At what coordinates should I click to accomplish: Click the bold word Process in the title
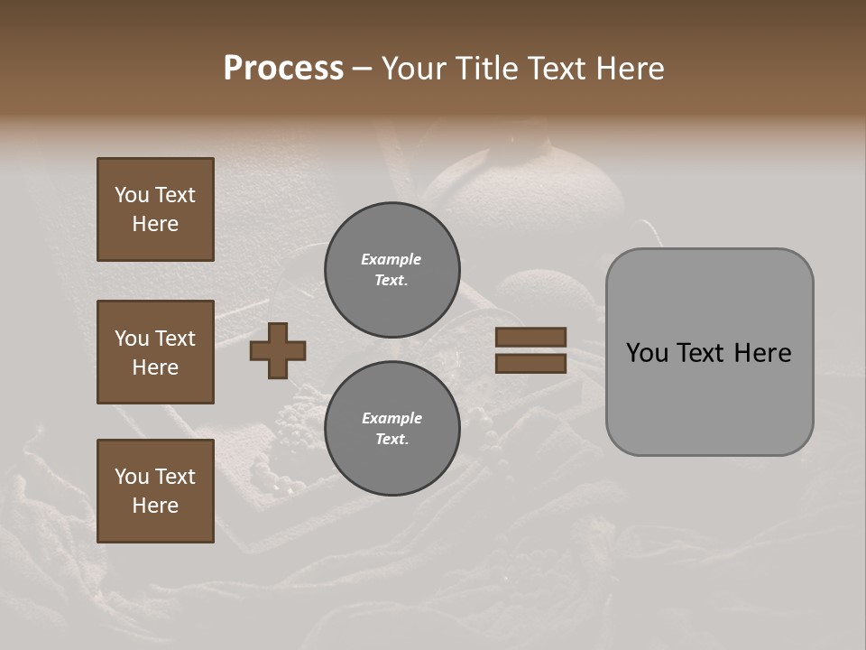point(283,69)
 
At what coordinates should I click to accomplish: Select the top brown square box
point(155,209)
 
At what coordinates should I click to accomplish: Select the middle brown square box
point(155,352)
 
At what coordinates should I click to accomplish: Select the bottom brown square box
point(155,490)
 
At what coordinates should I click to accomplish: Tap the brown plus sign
point(278,350)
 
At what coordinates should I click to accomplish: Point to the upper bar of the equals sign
point(530,337)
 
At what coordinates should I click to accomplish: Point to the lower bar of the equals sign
point(530,363)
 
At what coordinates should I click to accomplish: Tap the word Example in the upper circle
point(391,259)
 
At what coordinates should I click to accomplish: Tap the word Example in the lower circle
point(392,418)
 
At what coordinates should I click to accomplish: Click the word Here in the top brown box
point(155,224)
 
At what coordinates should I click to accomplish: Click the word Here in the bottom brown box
point(155,506)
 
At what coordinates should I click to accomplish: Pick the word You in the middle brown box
point(131,339)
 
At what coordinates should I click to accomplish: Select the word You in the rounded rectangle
point(646,353)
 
